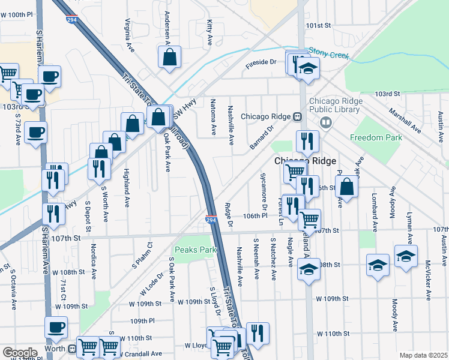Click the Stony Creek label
pos(328,55)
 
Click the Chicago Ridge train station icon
pos(297,116)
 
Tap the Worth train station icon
pos(73,348)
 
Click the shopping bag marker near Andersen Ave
pos(170,58)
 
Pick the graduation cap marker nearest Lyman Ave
pos(406,256)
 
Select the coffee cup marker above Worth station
pos(56,328)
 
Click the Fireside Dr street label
pos(261,62)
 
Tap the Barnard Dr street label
pos(262,137)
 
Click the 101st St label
pos(318,26)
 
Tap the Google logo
pos(20,352)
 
